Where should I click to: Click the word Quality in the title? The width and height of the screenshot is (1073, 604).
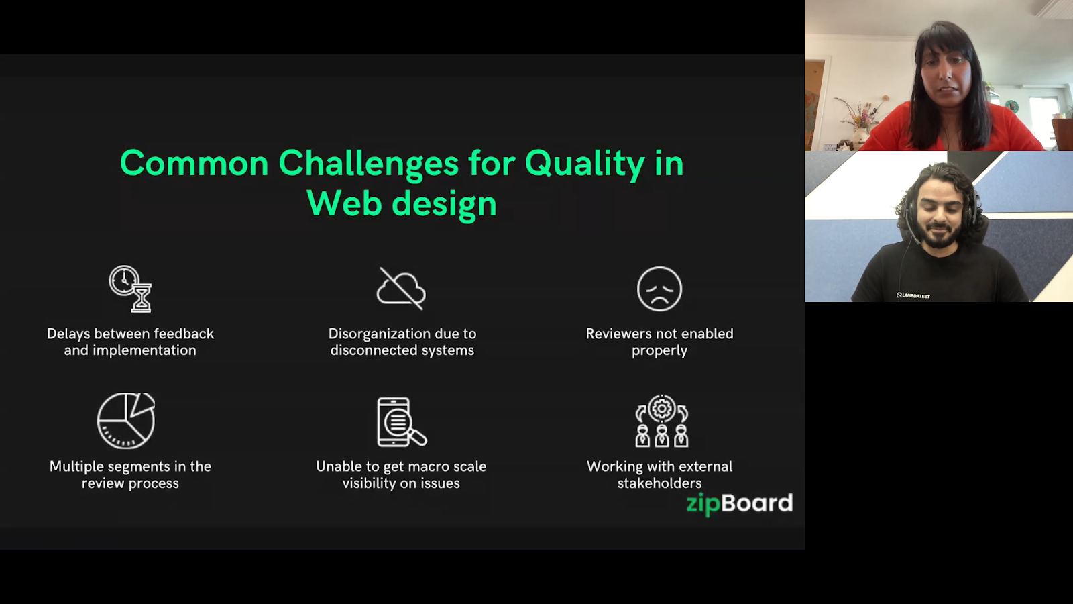click(584, 164)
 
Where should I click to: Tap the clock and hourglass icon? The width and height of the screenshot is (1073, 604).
click(131, 289)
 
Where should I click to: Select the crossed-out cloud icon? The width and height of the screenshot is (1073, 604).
click(401, 289)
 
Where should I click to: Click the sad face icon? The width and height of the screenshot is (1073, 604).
click(659, 289)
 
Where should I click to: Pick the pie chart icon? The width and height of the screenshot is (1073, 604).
click(126, 421)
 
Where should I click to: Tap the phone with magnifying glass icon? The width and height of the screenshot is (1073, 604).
click(401, 422)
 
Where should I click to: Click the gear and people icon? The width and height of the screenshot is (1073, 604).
click(661, 421)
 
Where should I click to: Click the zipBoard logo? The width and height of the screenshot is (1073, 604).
click(739, 503)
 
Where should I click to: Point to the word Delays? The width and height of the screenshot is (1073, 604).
click(69, 334)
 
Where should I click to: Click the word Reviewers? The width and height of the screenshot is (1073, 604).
click(618, 334)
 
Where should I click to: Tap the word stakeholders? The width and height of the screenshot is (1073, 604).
click(659, 483)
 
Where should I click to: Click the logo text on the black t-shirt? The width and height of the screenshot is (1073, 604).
click(913, 295)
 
